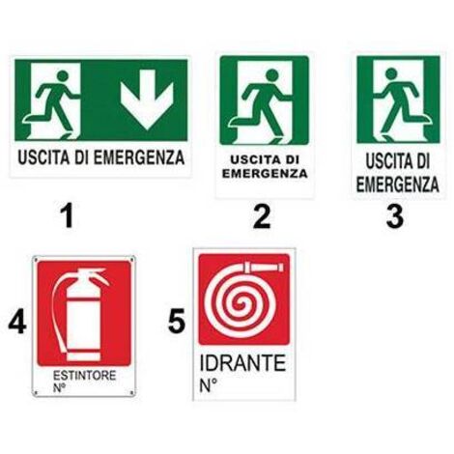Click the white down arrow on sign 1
click(146, 100)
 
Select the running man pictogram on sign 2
click(264, 101)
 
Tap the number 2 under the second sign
click(262, 216)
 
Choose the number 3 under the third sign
click(394, 216)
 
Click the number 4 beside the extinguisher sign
click(16, 322)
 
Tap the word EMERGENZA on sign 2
click(264, 174)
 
